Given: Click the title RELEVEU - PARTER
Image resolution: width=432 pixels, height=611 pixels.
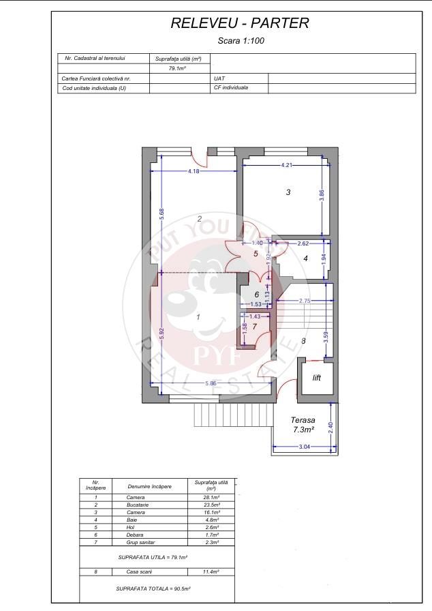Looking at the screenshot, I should coord(240,23).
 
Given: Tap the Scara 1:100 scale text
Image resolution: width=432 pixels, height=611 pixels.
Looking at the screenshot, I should coord(241,41).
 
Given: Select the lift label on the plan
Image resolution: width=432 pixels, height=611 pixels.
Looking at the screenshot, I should coord(316,377).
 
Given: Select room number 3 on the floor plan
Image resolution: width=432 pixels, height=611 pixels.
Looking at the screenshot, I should coord(288,193).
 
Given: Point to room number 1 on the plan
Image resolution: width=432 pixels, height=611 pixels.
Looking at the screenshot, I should coord(198,317).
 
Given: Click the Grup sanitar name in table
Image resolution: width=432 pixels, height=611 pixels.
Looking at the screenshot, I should coord(142,542).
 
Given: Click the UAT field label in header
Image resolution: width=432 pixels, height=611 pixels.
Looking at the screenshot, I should coord(219,78).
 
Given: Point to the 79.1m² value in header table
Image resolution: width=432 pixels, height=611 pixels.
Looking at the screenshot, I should coord(178,69).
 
